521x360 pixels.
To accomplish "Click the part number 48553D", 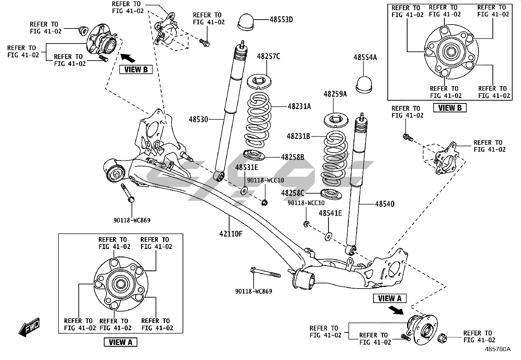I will tap(281, 20).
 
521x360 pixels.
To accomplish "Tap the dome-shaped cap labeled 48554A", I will tap(365, 85).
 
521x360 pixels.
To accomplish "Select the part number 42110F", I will tap(231, 234).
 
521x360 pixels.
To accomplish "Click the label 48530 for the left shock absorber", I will tap(198, 120).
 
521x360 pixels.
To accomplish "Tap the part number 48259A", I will tap(335, 94).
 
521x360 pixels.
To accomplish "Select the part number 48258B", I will tap(293, 157).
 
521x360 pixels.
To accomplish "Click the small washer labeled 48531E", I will tap(244, 190).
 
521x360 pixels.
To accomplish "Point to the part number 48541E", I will tap(330, 214).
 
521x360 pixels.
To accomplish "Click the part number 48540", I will tap(385, 204).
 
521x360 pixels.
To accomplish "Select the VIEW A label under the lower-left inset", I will tap(120, 342).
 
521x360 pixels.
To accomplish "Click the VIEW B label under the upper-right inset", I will tap(450, 108).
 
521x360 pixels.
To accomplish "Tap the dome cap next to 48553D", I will tap(248, 21).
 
